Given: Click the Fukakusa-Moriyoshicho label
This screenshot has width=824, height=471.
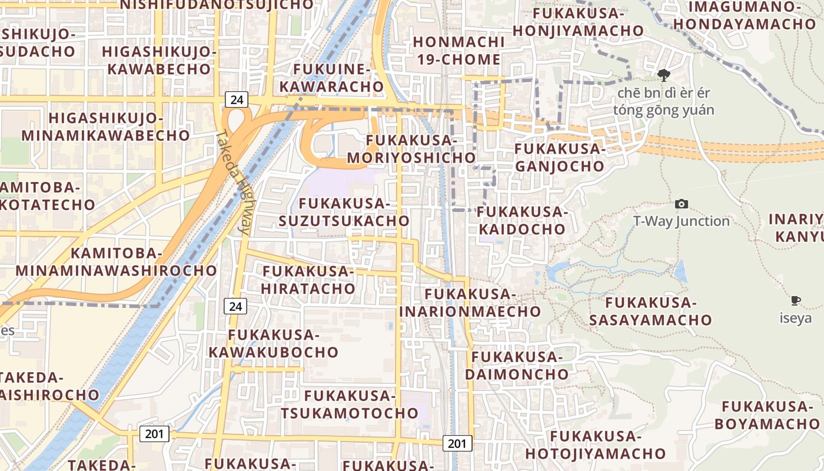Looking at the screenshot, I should (x=411, y=149).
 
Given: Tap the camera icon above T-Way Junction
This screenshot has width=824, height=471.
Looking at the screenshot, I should (x=682, y=204).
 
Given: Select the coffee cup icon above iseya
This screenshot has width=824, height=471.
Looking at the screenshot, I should (x=796, y=301).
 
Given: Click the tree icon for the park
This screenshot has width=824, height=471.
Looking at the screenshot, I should (x=664, y=75).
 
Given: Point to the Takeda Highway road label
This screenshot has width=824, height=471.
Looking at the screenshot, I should (x=234, y=183).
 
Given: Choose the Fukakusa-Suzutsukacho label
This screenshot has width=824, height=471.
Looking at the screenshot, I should (x=344, y=212).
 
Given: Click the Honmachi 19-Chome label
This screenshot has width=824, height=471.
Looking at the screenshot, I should (x=457, y=51).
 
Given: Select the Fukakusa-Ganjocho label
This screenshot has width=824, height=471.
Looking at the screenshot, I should (x=559, y=157).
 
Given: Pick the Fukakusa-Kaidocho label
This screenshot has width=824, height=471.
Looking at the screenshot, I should (x=521, y=220).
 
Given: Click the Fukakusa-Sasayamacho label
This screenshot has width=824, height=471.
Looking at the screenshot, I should (x=650, y=311).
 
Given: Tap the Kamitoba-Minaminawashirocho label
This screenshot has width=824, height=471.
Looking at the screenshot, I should (x=116, y=262).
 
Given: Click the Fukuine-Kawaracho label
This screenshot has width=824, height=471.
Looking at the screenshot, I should (x=331, y=78).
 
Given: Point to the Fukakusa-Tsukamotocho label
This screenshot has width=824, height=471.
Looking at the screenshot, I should (x=349, y=404).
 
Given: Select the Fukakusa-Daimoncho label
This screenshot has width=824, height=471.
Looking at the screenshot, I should (x=517, y=365).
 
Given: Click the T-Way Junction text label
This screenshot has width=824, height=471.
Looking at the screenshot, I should (x=681, y=221).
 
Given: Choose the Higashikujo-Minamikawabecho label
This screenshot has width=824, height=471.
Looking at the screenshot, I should (x=106, y=127).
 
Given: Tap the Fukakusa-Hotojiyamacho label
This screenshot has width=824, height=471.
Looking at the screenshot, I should (x=595, y=445).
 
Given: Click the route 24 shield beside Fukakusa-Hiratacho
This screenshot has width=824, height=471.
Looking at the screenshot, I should (x=235, y=306).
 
